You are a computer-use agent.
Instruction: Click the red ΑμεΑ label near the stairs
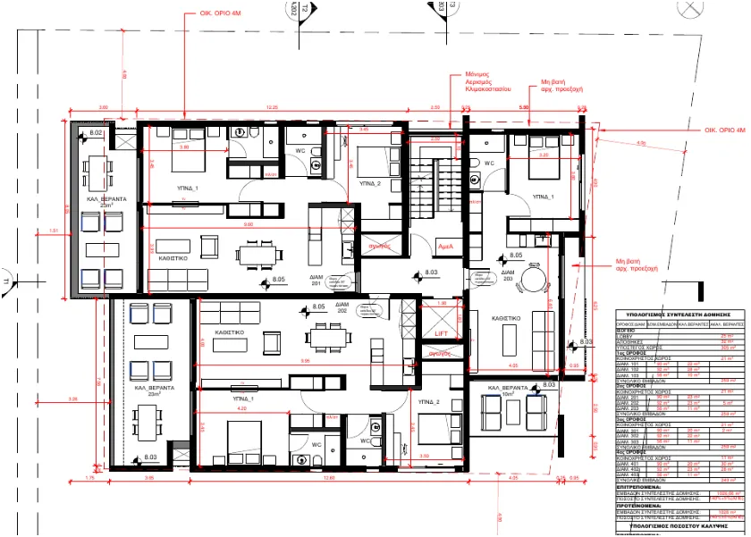point(444,246)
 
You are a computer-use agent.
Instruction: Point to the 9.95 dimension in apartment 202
point(306,361)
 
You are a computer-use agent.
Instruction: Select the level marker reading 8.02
point(96,133)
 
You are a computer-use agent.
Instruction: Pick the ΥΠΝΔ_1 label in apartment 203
point(543,195)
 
